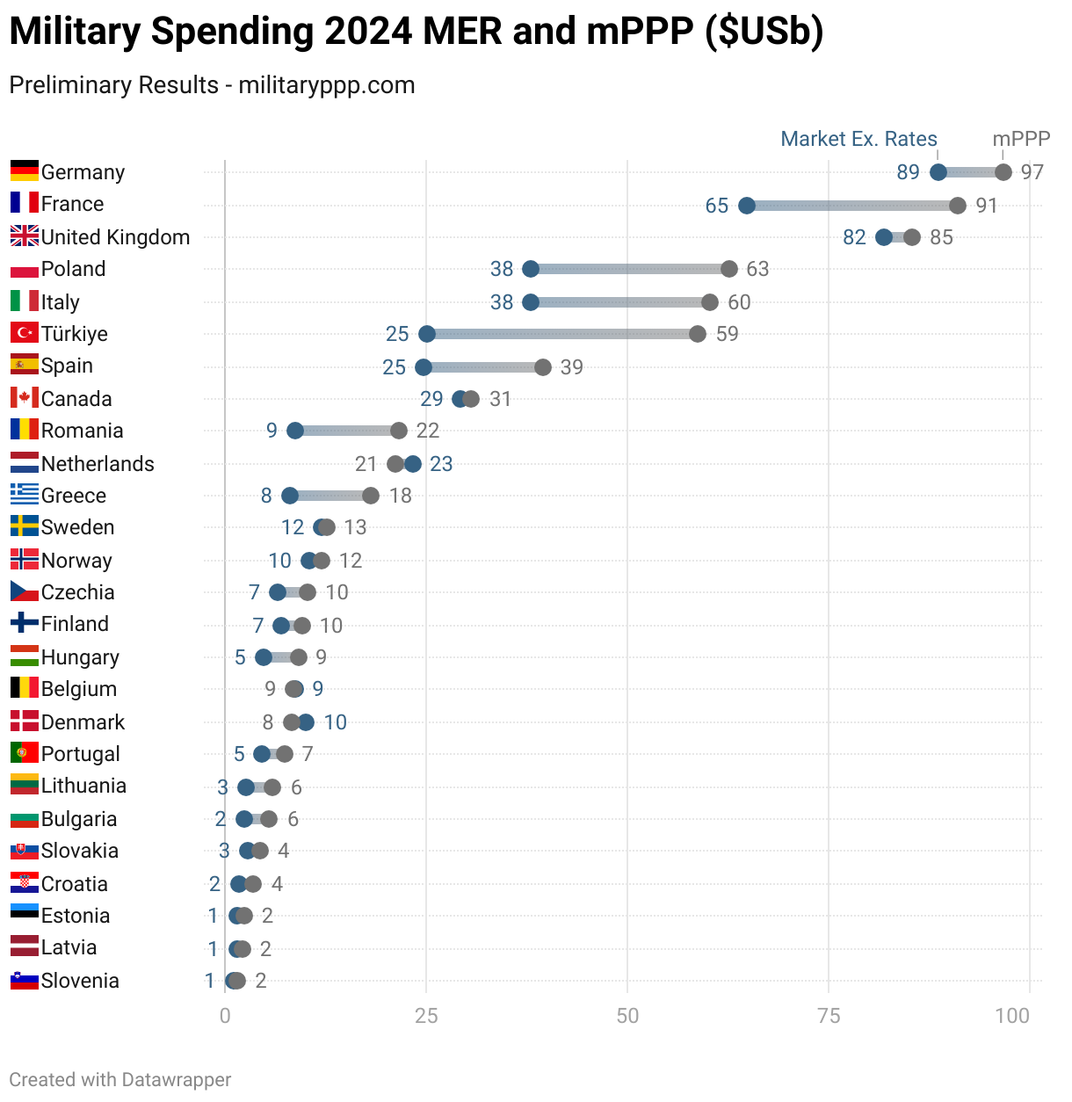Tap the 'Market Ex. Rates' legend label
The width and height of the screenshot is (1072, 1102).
pos(858,139)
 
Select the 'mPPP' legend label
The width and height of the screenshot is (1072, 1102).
pos(1021,139)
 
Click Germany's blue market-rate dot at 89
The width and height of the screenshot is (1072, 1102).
pos(938,172)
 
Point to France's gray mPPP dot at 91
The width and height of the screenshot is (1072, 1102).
pos(958,206)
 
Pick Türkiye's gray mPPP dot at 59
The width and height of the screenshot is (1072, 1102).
pos(698,334)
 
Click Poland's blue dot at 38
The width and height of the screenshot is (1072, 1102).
pos(531,269)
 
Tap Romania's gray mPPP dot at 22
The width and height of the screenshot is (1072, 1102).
pos(399,431)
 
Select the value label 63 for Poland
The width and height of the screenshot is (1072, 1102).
pos(757,269)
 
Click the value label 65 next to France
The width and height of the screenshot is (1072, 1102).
pos(717,206)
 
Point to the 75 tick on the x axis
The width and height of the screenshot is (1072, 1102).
pos(829,1016)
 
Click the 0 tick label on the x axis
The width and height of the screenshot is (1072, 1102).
pos(225,1016)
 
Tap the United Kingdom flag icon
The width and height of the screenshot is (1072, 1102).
pos(25,236)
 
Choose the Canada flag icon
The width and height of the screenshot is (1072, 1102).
pos(25,398)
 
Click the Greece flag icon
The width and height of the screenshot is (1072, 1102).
pos(25,495)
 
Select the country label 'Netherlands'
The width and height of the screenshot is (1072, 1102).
pos(98,464)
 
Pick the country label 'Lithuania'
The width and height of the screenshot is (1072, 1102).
pos(83,786)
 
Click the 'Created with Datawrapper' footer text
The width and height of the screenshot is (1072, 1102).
pos(120,1080)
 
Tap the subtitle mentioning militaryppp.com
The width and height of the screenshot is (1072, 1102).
pos(212,85)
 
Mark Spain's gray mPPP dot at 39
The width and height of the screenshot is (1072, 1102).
pos(543,367)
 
